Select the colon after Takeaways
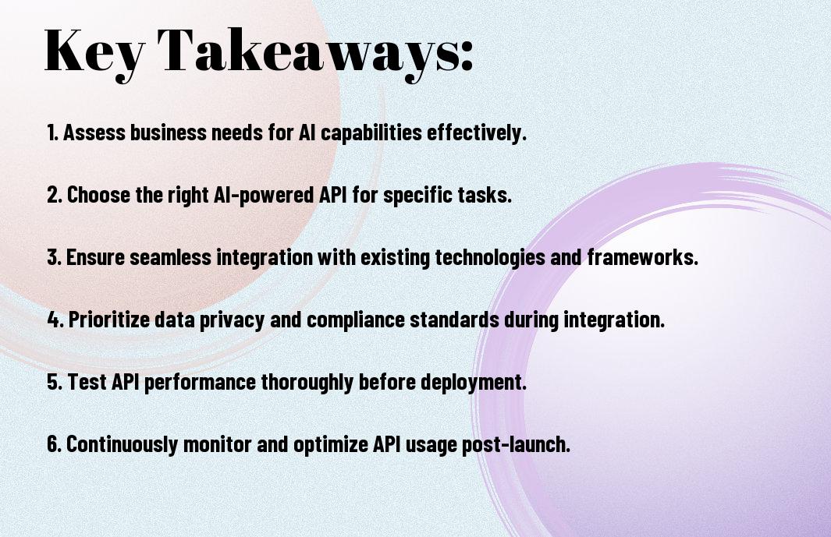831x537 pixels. (466, 56)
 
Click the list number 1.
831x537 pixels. (52, 132)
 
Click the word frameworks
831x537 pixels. (642, 257)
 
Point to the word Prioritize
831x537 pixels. (109, 320)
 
